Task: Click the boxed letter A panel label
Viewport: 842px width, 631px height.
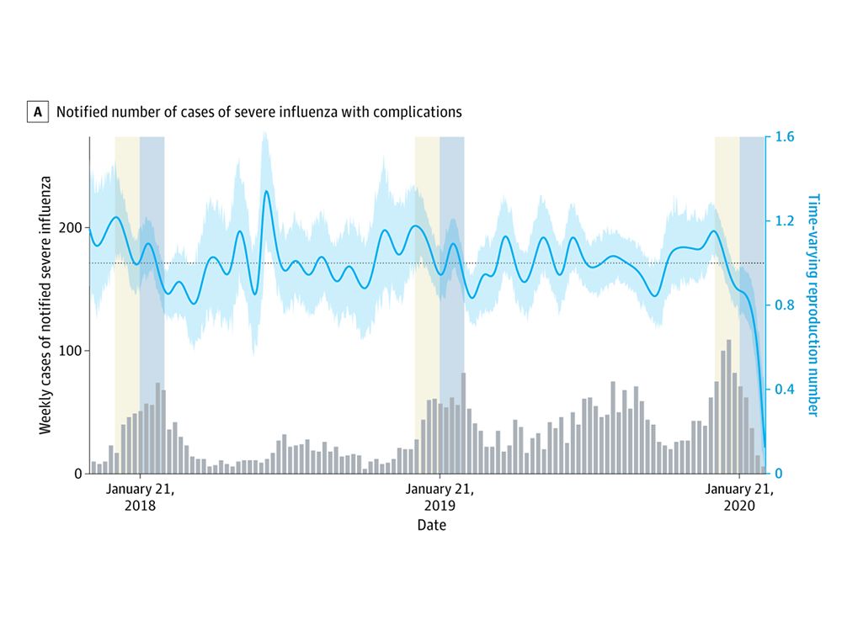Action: [37, 111]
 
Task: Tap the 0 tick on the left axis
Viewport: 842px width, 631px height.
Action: [77, 474]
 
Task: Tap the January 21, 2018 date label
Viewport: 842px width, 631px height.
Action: [140, 498]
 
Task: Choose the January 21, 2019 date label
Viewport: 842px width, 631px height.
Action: [440, 498]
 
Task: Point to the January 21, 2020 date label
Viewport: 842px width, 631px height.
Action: [739, 498]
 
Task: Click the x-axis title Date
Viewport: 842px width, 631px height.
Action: [431, 526]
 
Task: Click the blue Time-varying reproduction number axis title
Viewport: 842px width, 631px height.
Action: [813, 305]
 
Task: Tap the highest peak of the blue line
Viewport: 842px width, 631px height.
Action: [267, 192]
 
